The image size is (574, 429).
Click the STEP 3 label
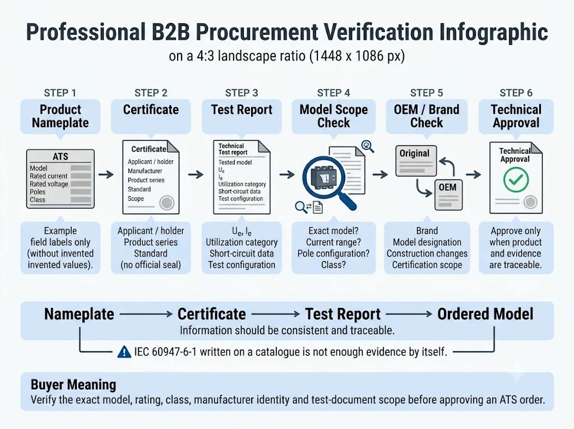click(242, 93)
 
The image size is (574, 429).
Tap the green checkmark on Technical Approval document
click(516, 179)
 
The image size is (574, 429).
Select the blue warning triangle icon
click(124, 352)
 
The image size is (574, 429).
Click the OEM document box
click(448, 195)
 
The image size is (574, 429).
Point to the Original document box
click(416, 161)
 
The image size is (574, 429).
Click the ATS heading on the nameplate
click(61, 156)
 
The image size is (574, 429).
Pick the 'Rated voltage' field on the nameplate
click(49, 184)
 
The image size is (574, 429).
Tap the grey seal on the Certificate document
click(166, 203)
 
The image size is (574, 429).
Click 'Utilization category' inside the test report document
click(242, 184)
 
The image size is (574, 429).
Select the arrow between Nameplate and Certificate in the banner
click(146, 314)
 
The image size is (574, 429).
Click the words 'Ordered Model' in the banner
click(485, 314)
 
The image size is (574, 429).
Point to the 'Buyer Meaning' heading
click(73, 384)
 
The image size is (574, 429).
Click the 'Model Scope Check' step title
click(334, 116)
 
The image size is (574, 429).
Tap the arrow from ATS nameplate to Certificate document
click(106, 174)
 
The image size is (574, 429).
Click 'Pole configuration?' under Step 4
click(334, 253)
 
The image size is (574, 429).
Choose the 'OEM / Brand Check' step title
click(427, 116)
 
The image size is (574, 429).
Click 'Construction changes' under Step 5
click(427, 253)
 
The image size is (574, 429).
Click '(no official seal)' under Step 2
click(151, 265)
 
